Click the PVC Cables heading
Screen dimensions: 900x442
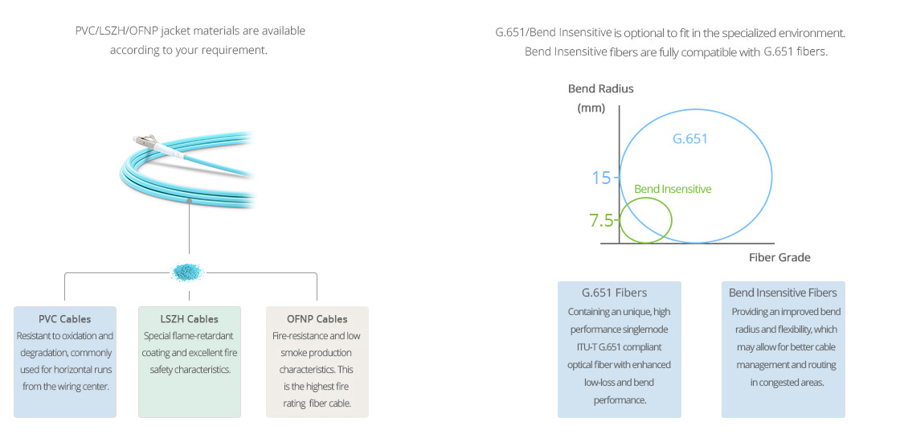tap(65, 318)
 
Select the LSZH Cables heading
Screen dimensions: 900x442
tap(190, 318)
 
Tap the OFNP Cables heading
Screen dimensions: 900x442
tap(317, 318)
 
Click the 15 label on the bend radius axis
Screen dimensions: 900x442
tap(602, 178)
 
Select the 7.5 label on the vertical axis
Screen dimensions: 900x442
tap(600, 220)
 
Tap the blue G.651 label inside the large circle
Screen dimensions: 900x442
tap(690, 138)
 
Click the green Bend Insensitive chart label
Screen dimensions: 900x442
tap(673, 189)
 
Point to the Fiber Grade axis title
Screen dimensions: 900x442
tap(779, 257)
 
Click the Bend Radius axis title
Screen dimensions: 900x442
tap(600, 88)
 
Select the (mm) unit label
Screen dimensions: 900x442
tap(591, 108)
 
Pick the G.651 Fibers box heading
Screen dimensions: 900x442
tap(614, 293)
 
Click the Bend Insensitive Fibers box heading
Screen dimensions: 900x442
tap(783, 293)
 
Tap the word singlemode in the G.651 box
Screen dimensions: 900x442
tap(646, 329)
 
